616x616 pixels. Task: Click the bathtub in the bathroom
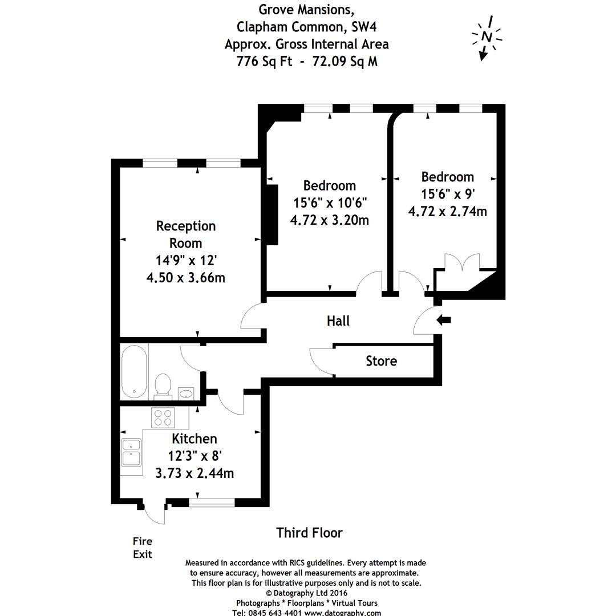point(135,372)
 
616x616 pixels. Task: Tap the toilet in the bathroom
point(163,385)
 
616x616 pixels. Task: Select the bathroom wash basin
point(185,393)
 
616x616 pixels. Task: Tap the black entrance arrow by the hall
point(443,321)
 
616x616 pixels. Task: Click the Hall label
point(338,321)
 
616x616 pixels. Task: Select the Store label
point(381,361)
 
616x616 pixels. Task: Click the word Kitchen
point(194,439)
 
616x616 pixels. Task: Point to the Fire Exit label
point(143,548)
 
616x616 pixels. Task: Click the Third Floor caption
point(309,533)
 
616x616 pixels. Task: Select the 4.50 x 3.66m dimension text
point(186,278)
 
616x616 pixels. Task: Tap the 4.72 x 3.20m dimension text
point(330,220)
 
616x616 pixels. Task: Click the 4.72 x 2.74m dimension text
point(448,211)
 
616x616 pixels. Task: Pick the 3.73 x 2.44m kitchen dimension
point(194,473)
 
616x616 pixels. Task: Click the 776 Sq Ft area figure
point(265,61)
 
